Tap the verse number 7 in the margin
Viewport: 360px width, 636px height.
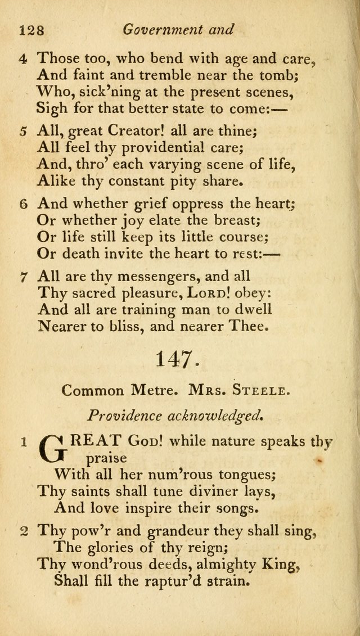point(23,277)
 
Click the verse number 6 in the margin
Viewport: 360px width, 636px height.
point(23,204)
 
